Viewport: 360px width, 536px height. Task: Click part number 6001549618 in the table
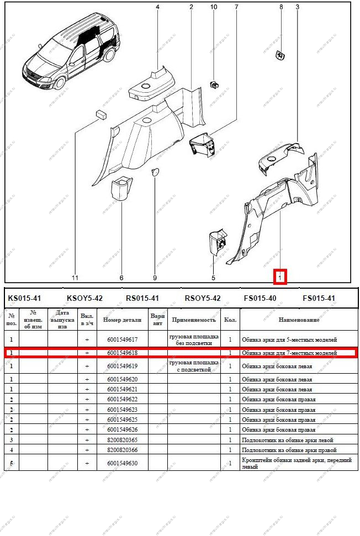[123, 352]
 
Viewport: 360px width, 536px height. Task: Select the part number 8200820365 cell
[123, 440]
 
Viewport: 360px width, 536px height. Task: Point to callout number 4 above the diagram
[157, 7]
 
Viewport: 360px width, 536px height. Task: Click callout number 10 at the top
[214, 7]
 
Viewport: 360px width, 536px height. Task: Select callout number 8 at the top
[281, 7]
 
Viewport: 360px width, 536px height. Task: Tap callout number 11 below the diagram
[75, 278]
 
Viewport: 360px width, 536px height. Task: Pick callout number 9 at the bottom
[155, 278]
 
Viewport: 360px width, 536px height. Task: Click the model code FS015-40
[260, 298]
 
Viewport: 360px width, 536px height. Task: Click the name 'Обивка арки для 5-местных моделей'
[289, 339]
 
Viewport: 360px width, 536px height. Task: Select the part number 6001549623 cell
[123, 410]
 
